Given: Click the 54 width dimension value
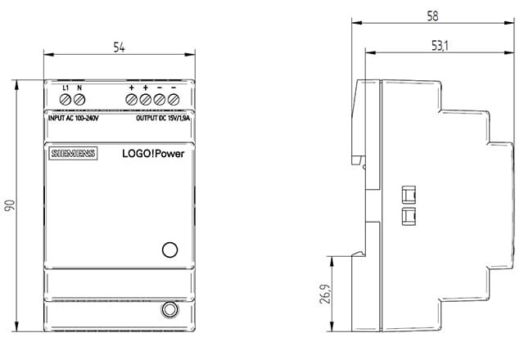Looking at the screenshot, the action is [119, 47].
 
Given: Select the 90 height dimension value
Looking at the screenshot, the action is [10, 205].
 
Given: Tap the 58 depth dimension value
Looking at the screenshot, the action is [432, 16].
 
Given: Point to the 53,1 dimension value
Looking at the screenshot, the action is [440, 46].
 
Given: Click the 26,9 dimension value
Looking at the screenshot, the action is [325, 294].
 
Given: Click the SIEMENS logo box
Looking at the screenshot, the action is [73, 153].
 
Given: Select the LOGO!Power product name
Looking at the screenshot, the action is [153, 154].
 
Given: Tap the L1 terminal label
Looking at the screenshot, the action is [65, 88].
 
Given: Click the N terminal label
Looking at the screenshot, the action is [79, 88].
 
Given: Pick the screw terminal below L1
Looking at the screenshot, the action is [65, 100].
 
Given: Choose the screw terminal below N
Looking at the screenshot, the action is [79, 100].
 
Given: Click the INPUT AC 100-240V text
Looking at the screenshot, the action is [74, 118].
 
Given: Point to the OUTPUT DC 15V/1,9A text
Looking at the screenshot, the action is [163, 118].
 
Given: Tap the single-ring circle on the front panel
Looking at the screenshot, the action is [169, 250].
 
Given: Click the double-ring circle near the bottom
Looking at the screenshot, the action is [169, 309].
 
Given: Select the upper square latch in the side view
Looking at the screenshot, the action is [409, 195].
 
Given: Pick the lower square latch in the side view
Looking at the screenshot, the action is [409, 216].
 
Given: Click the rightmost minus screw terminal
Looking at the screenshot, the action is [174, 100].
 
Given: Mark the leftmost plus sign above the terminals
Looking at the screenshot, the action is [131, 88].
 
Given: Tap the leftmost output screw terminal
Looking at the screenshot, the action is [131, 100].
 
